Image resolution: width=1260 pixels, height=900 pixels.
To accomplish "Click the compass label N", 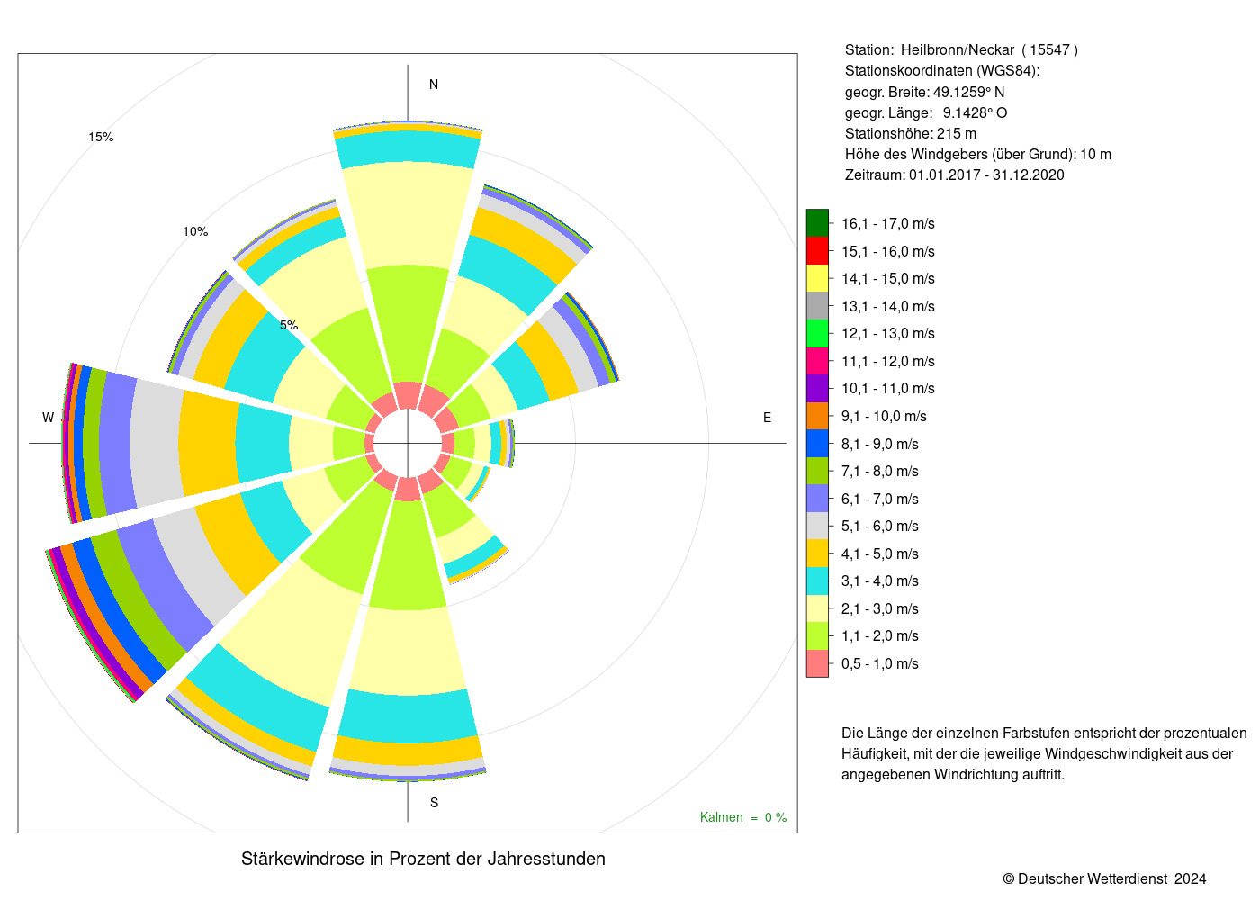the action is tap(434, 85).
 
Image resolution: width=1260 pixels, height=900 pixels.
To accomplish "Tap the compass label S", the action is tap(434, 803).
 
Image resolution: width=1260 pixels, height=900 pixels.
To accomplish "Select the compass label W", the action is tap(49, 418).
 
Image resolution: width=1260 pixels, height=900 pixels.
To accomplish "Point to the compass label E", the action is tap(767, 418).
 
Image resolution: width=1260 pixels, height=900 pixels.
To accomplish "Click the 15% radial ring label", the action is tap(101, 137).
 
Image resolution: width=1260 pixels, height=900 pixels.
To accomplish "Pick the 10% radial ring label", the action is tap(196, 231).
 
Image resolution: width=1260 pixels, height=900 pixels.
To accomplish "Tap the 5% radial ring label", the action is tap(289, 325).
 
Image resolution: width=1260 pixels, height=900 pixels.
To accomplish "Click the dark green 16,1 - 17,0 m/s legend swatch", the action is tap(817, 223).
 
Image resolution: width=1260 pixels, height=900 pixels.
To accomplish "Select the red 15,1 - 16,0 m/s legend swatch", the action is tap(817, 251).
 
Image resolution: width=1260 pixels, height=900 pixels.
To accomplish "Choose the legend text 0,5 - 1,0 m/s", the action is tap(880, 664).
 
